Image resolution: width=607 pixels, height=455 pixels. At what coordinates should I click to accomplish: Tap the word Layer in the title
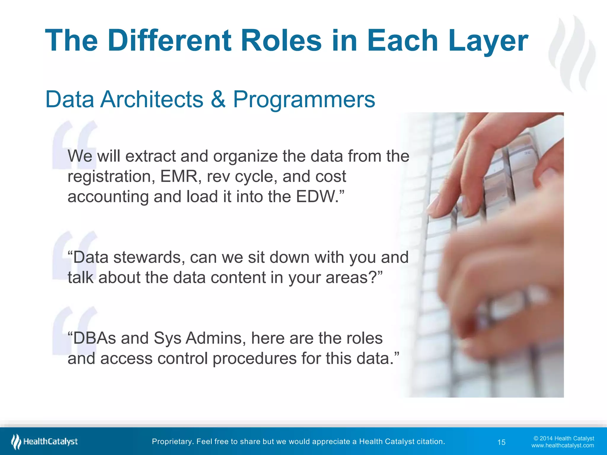(x=488, y=41)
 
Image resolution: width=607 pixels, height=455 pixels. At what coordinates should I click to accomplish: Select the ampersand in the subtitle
(x=218, y=99)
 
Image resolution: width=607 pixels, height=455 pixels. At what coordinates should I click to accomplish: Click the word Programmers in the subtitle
(x=304, y=99)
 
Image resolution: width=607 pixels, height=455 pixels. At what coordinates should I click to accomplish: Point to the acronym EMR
(x=179, y=177)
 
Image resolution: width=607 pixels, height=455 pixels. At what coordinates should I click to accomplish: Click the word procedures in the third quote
(x=255, y=358)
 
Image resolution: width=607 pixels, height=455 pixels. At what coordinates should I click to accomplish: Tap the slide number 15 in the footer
(x=501, y=442)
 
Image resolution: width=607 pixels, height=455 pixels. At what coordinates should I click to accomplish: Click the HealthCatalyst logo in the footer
(x=44, y=441)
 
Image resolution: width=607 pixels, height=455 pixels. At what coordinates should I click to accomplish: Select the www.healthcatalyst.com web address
(x=562, y=446)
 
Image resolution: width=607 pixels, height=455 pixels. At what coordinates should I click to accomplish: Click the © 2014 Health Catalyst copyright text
(x=563, y=438)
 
